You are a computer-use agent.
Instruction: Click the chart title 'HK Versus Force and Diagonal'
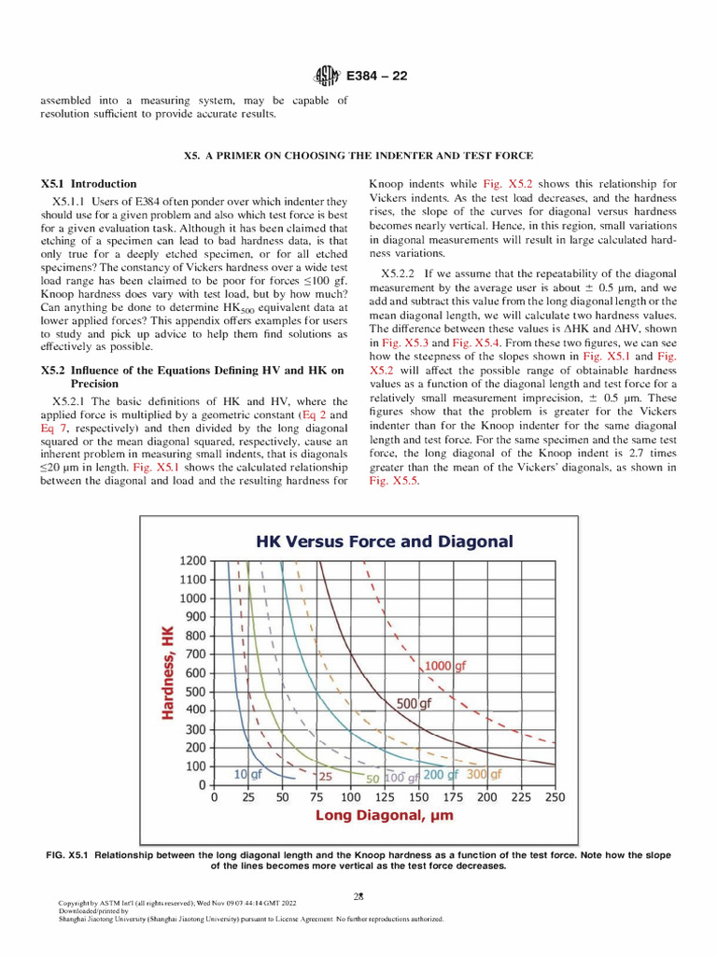click(x=385, y=541)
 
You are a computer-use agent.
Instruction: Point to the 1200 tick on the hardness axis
click(x=191, y=561)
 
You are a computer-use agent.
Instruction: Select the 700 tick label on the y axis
click(x=194, y=654)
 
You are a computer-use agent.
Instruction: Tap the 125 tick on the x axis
click(x=384, y=798)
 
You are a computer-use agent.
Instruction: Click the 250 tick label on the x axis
click(x=554, y=798)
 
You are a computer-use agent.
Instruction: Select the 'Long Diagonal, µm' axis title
click(x=384, y=816)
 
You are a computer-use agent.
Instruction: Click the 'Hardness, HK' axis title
click(x=168, y=672)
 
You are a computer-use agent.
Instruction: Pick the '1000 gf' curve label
click(x=445, y=666)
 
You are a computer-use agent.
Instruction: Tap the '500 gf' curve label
click(x=415, y=704)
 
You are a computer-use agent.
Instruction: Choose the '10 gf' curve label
click(x=247, y=774)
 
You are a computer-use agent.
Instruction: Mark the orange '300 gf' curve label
click(x=484, y=774)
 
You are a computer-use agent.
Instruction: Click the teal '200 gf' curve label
click(x=441, y=774)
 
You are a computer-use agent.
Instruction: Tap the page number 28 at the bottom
click(x=358, y=895)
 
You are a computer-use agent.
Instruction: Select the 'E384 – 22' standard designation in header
click(x=377, y=76)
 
